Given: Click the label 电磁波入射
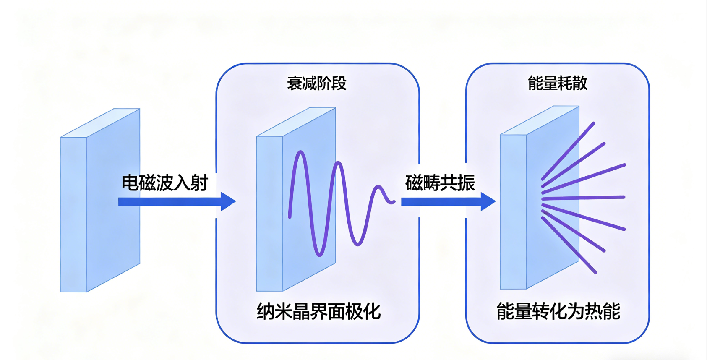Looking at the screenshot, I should tap(165, 183).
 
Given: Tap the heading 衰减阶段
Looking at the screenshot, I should tap(317, 83).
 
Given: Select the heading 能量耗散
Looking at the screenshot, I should tap(557, 83).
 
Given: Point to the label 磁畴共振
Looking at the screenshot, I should tap(440, 183).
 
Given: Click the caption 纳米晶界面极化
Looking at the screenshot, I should tap(318, 312).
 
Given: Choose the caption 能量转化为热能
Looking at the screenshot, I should tap(558, 312).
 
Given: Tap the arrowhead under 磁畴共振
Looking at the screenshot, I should tap(488, 202).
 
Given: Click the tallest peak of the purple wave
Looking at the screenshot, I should tap(300, 153).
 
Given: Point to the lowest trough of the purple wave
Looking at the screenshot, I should tap(319, 254).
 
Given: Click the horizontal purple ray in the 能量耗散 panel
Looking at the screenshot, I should tap(583, 197).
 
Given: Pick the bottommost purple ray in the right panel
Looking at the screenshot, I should tap(569, 245).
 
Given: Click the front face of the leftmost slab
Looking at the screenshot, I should tap(73, 214).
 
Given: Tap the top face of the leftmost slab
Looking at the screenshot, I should tap(101, 123).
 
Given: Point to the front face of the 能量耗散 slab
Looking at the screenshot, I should tap(513, 212).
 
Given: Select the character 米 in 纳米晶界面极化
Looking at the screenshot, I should tap(283, 312).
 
